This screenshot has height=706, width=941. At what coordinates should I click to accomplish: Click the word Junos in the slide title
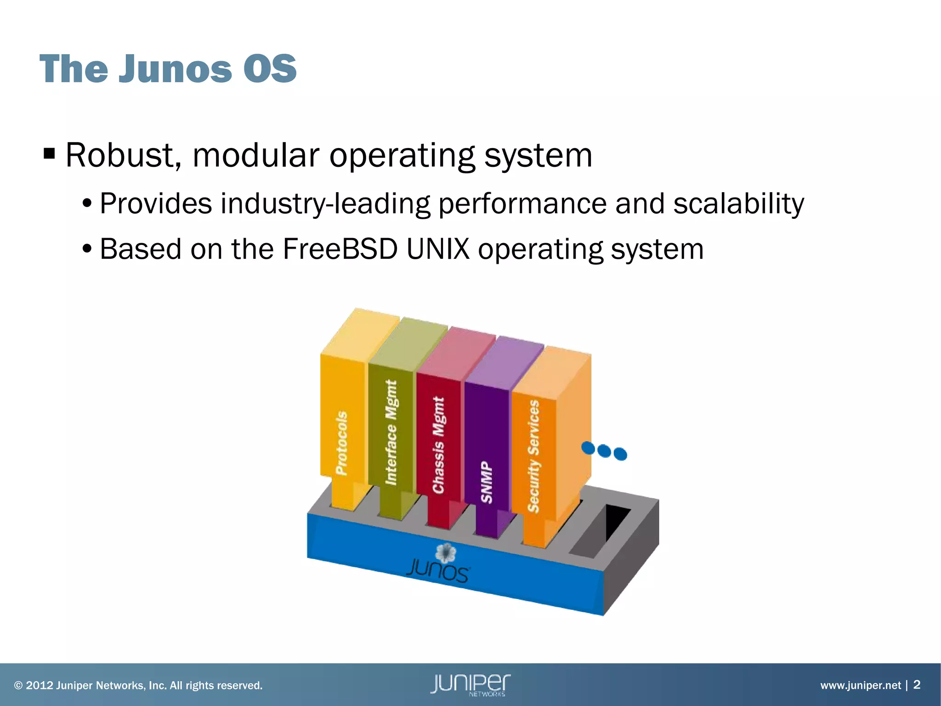(x=176, y=69)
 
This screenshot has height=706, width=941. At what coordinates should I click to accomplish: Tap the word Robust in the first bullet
(x=119, y=155)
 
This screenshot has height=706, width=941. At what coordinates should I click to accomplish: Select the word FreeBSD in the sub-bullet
(x=340, y=249)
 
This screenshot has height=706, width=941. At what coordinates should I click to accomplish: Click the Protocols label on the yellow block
(x=341, y=443)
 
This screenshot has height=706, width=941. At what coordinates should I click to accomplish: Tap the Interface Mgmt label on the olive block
(x=391, y=432)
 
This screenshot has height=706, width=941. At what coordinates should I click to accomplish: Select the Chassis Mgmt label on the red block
(x=439, y=445)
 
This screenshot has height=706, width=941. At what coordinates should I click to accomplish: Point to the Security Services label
(x=533, y=456)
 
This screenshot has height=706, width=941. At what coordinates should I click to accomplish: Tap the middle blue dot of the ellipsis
(x=604, y=451)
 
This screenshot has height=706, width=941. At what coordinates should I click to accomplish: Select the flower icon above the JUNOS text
(x=445, y=553)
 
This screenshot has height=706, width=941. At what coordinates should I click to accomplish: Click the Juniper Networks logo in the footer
(x=470, y=684)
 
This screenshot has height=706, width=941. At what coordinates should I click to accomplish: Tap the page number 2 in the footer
(x=917, y=684)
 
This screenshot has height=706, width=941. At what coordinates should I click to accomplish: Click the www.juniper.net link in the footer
(x=861, y=685)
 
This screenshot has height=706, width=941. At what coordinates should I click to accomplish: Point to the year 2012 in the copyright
(x=39, y=685)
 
